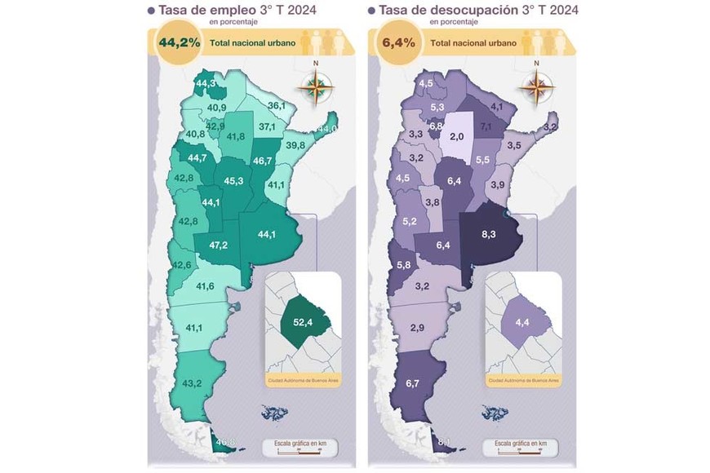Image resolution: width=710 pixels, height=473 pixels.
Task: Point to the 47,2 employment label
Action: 218,245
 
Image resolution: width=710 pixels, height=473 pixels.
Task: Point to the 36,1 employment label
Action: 277,105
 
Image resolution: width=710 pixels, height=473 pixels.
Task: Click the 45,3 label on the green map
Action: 233,180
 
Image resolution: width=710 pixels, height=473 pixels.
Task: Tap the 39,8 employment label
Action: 295,145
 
